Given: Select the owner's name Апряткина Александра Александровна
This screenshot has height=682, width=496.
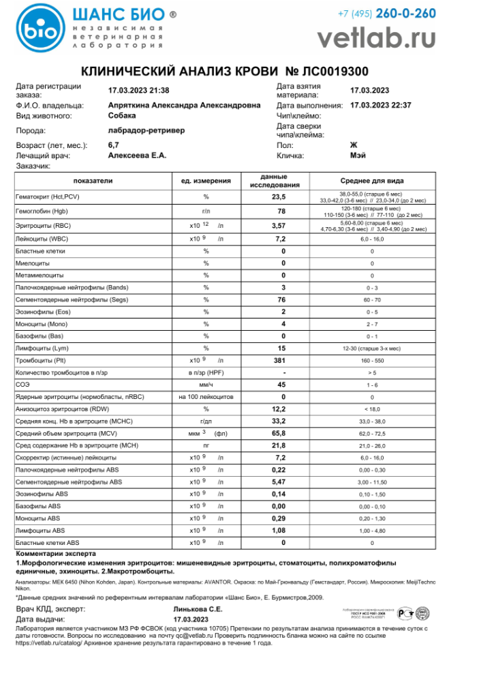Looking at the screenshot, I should (x=184, y=105).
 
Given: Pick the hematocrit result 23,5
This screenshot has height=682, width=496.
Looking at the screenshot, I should (x=278, y=197).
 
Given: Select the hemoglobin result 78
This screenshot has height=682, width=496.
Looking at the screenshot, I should (x=278, y=211).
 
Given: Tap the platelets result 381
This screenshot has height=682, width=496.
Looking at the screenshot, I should (x=278, y=359).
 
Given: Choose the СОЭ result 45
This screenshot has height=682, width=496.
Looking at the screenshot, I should (x=278, y=384).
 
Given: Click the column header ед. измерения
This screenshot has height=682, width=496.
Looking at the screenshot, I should (x=206, y=181).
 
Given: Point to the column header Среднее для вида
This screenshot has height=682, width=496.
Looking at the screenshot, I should (x=372, y=181).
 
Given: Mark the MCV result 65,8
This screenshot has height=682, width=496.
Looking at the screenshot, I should (x=278, y=433).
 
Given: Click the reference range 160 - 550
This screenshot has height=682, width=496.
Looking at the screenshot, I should (x=372, y=359).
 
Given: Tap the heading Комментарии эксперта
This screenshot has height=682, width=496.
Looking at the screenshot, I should (x=56, y=554).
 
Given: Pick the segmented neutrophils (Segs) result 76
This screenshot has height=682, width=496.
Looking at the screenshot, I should (x=278, y=299).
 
